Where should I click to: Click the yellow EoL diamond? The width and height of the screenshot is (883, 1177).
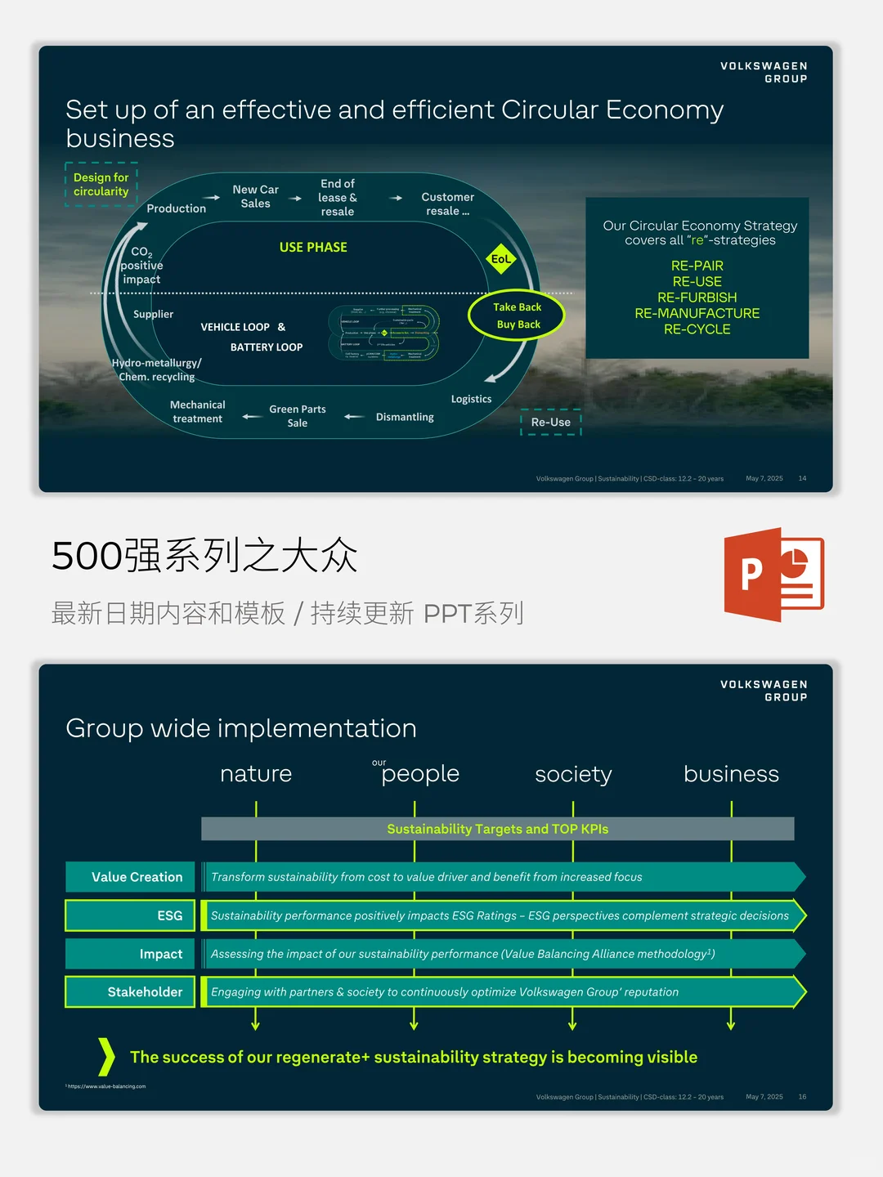click(500, 259)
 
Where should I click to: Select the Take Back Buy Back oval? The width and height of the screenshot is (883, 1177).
click(517, 316)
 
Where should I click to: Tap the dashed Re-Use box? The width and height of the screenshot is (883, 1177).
click(551, 423)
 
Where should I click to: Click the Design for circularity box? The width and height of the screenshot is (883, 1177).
click(101, 185)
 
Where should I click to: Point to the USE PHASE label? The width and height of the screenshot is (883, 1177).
click(313, 247)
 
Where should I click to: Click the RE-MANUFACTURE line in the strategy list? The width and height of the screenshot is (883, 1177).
click(697, 313)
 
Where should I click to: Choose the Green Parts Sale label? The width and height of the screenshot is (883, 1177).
click(298, 416)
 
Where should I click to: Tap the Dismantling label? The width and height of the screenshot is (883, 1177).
click(405, 417)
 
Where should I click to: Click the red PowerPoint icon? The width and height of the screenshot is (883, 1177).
click(773, 574)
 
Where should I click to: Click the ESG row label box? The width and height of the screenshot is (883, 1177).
click(131, 915)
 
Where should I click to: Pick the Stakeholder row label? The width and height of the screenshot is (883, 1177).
click(131, 992)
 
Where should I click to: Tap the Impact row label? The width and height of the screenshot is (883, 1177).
click(131, 954)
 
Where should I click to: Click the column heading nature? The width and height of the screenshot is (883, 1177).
click(256, 774)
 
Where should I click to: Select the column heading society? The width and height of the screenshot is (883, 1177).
click(573, 774)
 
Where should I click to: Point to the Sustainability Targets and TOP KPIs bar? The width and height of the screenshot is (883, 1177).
click(497, 829)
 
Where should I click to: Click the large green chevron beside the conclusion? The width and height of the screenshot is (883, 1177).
click(106, 1057)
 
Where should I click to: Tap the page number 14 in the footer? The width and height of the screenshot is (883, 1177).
click(802, 478)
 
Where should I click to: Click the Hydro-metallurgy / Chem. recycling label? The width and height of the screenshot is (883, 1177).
click(156, 369)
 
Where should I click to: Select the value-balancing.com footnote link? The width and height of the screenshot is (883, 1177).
click(106, 1086)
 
